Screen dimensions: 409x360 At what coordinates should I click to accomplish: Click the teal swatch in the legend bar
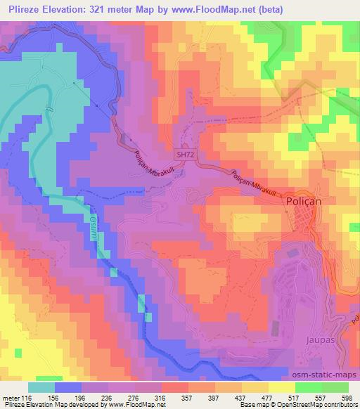(x=42, y=387)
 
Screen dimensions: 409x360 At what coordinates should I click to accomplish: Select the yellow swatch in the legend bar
(x=281, y=387)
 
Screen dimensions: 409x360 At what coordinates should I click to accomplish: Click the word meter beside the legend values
(x=11, y=398)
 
